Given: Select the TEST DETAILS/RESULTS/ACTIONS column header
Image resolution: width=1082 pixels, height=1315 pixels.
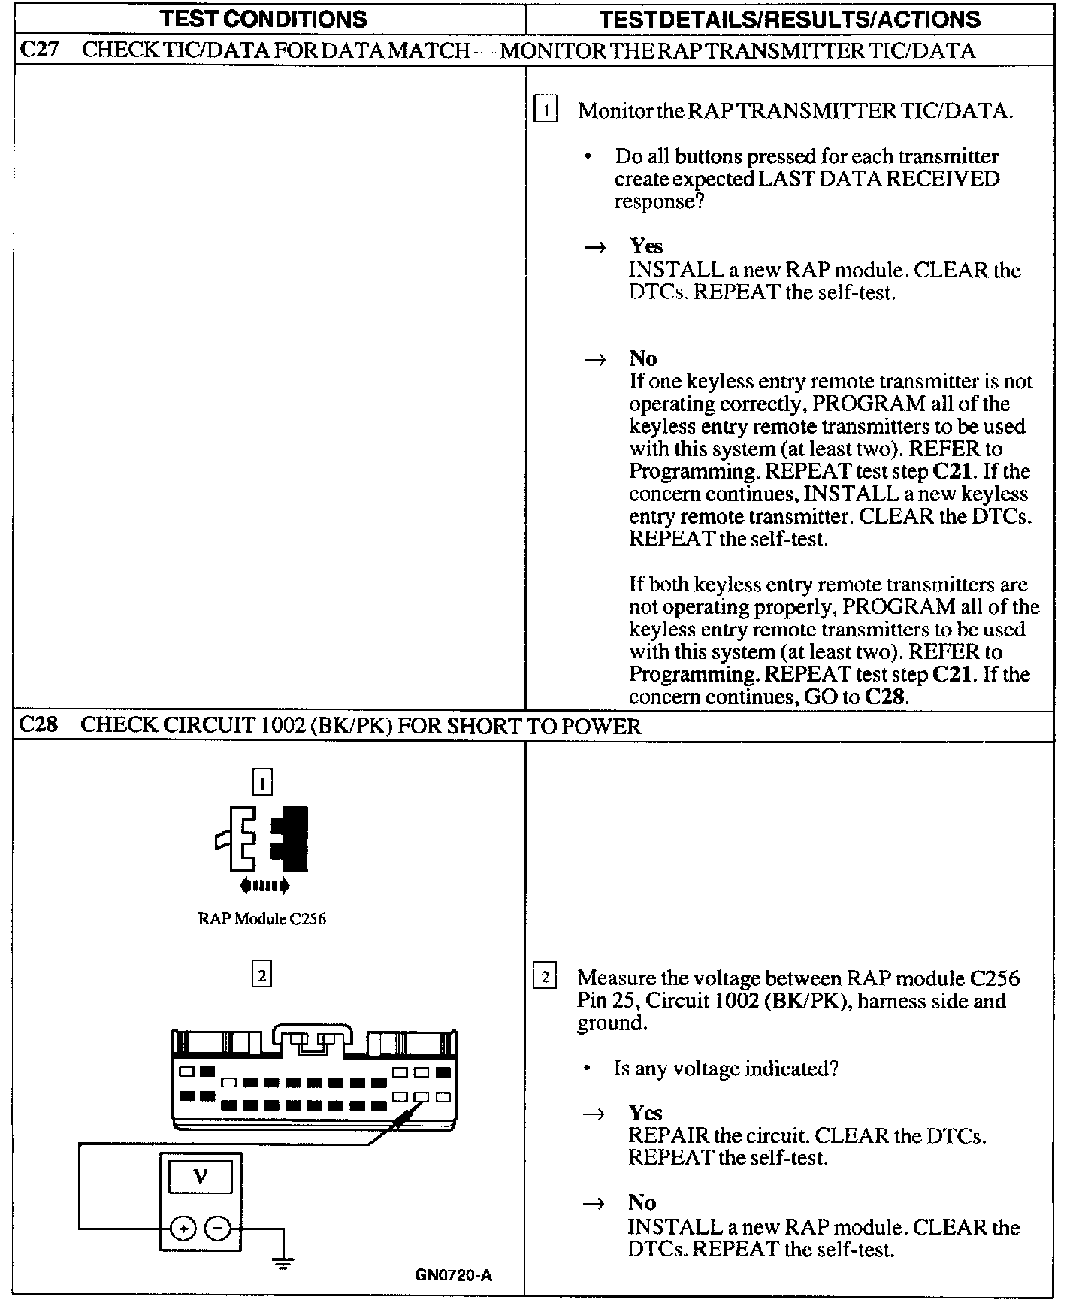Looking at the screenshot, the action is (789, 19).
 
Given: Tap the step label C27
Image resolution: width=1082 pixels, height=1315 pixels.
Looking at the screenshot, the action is (38, 50).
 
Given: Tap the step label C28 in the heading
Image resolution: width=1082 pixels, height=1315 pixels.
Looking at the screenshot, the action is (38, 725).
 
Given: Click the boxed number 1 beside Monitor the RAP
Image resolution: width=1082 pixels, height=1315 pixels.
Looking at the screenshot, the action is (545, 110).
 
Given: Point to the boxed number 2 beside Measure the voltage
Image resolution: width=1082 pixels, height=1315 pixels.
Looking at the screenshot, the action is (544, 977).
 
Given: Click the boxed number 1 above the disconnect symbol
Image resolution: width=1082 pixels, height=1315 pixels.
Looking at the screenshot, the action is (261, 782).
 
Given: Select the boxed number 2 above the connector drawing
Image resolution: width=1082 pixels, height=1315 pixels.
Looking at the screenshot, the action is (261, 975).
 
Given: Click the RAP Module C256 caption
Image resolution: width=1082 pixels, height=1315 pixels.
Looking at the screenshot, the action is (261, 918).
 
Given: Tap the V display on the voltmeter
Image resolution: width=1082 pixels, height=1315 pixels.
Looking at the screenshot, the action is (201, 1177).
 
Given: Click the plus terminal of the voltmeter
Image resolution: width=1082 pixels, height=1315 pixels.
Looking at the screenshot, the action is (183, 1229).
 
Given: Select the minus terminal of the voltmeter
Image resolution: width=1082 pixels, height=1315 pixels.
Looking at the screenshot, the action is (217, 1229).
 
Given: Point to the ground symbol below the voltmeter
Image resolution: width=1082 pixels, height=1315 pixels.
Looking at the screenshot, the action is (283, 1263).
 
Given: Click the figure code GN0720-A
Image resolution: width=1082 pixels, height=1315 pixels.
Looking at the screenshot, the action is (453, 1274).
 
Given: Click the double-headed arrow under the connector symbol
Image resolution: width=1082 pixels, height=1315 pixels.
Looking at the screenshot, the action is (264, 886).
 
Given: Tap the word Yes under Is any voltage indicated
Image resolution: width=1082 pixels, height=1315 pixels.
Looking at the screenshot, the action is (645, 1112).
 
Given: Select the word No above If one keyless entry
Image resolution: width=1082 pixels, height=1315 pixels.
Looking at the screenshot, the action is (642, 358).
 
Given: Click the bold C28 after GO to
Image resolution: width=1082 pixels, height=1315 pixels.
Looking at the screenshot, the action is (885, 696).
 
